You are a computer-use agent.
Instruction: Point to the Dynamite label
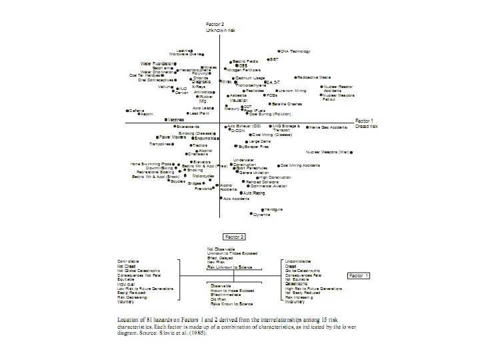click(x=262, y=215)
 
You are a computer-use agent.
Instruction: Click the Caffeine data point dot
click(x=127, y=110)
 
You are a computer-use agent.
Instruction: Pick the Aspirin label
click(x=146, y=114)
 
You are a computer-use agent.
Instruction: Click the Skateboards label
click(x=187, y=126)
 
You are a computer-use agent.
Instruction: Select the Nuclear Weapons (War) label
click(x=329, y=152)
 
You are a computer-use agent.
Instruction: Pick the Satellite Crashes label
click(x=288, y=104)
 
